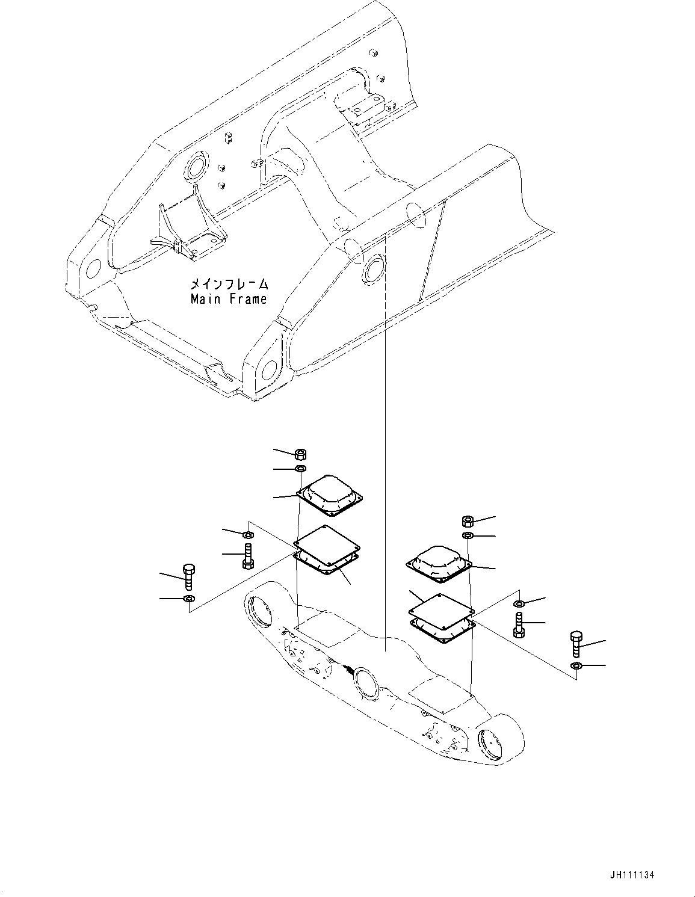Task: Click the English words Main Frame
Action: click(229, 298)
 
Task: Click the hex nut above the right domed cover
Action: click(468, 521)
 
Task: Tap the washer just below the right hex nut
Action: click(468, 535)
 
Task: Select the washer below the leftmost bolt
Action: click(189, 599)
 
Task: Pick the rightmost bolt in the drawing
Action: click(576, 644)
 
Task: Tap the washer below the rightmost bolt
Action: click(576, 665)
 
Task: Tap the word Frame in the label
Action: click(248, 298)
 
